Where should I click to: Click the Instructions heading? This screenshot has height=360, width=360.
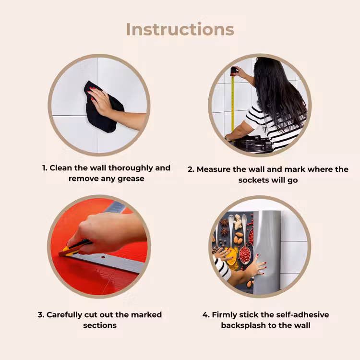click(x=180, y=29)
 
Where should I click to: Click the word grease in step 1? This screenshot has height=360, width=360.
click(x=131, y=179)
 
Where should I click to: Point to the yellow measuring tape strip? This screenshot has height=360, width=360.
click(x=233, y=103)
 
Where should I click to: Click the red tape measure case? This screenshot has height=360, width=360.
click(x=234, y=71)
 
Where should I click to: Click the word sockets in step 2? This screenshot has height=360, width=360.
click(x=254, y=180)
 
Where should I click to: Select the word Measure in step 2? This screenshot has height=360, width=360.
click(x=214, y=169)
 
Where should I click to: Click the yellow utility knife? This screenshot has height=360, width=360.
click(x=74, y=248)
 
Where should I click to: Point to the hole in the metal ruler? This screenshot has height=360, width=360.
click(x=103, y=257)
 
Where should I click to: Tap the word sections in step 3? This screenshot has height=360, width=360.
click(x=100, y=325)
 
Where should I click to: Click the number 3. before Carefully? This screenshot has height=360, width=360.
click(x=41, y=315)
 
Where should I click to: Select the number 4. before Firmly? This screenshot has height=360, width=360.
click(x=206, y=315)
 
